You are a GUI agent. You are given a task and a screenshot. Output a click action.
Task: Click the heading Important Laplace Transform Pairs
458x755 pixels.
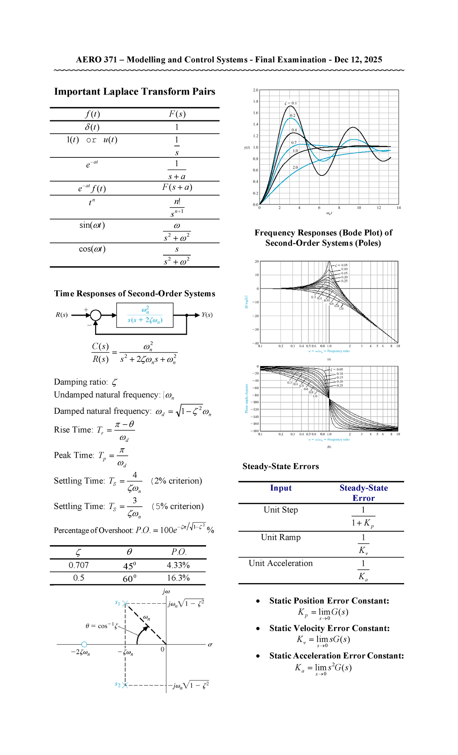[x=134, y=92]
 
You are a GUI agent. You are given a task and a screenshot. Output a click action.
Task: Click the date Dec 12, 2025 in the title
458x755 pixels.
[x=358, y=60]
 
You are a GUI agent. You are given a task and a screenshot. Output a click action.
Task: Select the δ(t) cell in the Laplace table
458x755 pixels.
[x=92, y=127]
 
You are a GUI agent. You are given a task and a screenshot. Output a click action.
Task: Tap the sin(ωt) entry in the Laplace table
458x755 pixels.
[x=92, y=225]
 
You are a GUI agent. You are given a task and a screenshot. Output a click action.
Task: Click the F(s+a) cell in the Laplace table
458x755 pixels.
[x=177, y=187]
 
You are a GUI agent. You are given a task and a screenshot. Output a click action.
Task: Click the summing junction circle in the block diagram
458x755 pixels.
[x=95, y=315]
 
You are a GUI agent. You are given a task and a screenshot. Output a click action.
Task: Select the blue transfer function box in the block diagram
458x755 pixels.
[x=145, y=315]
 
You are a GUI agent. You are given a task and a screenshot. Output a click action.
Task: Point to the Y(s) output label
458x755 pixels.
[x=207, y=315]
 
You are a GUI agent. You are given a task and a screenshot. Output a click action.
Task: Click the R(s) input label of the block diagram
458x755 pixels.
[x=62, y=315]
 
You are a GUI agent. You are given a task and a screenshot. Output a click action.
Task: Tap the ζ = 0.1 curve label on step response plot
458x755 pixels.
[x=290, y=103]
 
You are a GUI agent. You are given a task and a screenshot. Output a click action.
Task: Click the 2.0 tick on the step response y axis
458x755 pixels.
[x=255, y=90]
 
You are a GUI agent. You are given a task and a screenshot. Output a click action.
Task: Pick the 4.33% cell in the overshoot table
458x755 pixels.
[x=178, y=565]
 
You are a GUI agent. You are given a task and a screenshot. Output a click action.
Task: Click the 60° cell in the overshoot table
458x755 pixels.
[x=129, y=578]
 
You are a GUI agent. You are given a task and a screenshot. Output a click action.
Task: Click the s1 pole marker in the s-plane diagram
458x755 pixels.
[x=125, y=603]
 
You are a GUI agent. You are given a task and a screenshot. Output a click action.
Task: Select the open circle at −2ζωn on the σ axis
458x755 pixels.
[x=84, y=645]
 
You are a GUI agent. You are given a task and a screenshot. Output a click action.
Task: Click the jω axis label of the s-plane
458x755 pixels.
[x=166, y=591]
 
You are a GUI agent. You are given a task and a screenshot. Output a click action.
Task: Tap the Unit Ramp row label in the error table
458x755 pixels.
[x=281, y=537]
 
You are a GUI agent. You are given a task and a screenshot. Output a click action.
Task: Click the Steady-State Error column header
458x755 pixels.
[x=363, y=493]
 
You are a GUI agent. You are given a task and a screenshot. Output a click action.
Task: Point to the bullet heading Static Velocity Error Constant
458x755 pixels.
[x=329, y=628]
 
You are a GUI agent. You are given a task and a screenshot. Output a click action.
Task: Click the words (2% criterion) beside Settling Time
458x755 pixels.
[x=177, y=481]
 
